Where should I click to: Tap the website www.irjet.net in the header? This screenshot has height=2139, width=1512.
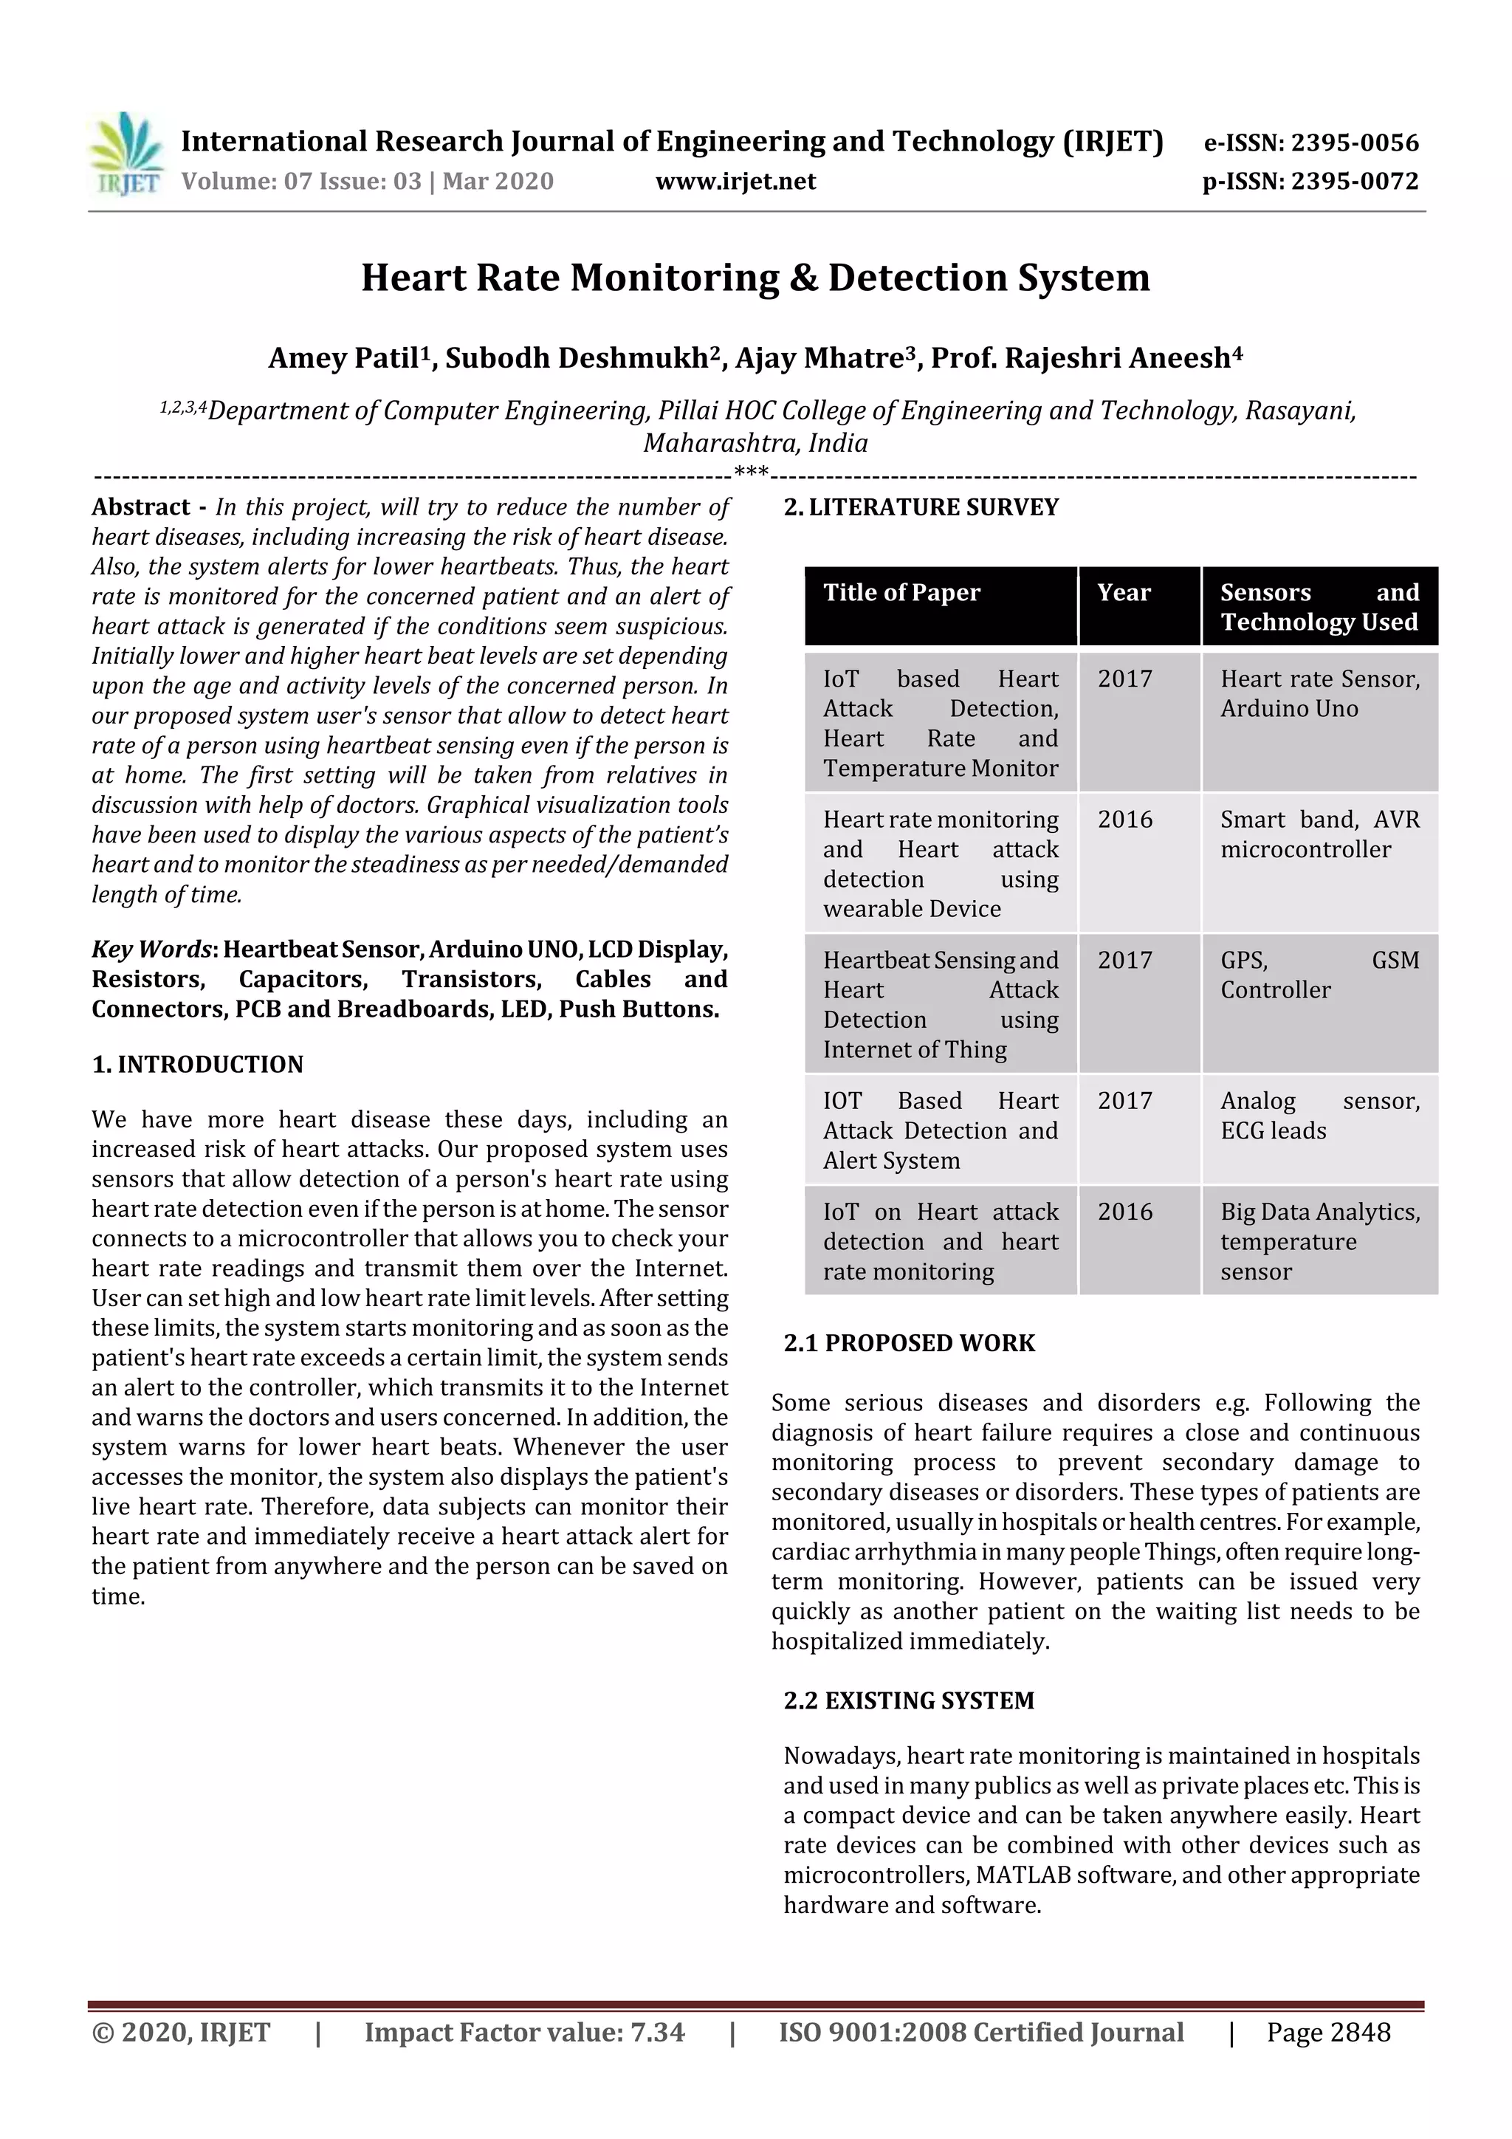tap(735, 182)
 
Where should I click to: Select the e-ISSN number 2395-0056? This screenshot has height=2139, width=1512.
tap(1353, 143)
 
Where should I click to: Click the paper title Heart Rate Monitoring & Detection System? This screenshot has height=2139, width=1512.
tap(755, 278)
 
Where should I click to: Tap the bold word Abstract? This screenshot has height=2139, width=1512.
tap(141, 508)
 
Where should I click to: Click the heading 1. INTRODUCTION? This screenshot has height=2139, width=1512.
tap(198, 1065)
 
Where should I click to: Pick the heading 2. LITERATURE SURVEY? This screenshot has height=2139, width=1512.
tap(921, 508)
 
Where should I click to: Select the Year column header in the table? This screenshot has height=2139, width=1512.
tap(1124, 594)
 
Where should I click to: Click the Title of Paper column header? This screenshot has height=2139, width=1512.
tap(901, 594)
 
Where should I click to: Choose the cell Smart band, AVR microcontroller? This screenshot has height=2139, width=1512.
tap(1319, 835)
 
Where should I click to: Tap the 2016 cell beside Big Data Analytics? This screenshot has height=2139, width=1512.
tap(1124, 1212)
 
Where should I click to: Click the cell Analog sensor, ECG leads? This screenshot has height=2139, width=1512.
tap(1319, 1116)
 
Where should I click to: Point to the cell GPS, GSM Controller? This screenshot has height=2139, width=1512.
tap(1319, 975)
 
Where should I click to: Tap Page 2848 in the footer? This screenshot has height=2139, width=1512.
tap(1327, 2033)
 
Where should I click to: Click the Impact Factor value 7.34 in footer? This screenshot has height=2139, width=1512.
tap(524, 2033)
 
